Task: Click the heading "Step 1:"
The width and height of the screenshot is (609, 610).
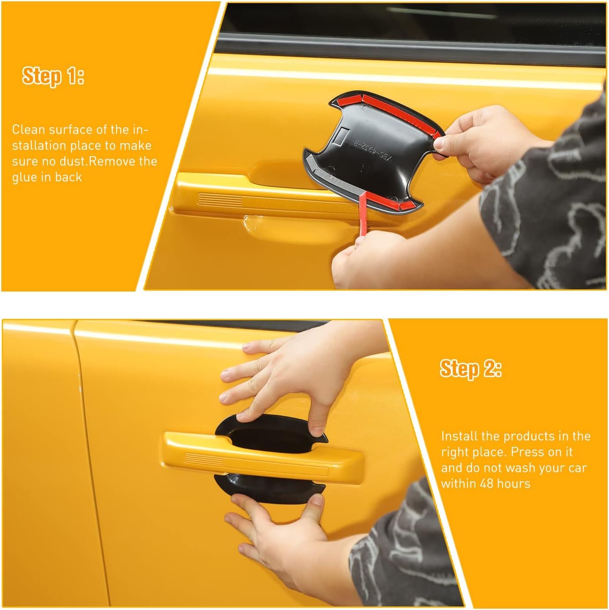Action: (53, 76)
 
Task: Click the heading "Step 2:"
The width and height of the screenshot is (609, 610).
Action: (470, 369)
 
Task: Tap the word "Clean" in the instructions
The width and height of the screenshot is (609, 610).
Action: (29, 129)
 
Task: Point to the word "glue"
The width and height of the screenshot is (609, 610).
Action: (25, 178)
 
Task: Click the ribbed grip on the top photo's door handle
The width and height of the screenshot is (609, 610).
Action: (220, 199)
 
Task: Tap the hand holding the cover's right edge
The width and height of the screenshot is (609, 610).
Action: (484, 142)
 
